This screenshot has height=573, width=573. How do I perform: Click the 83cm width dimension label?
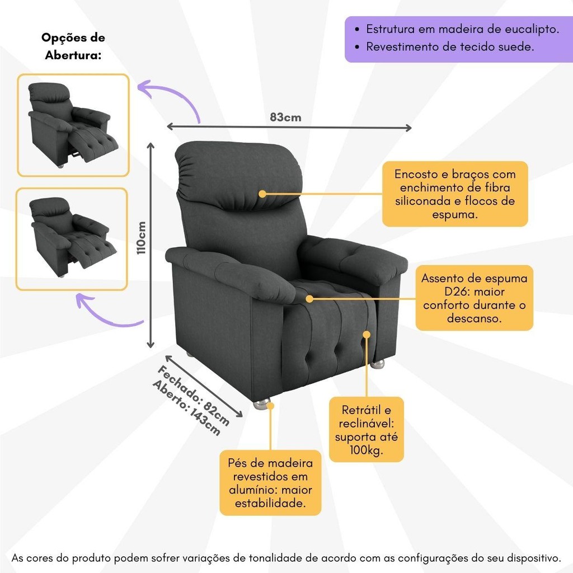285,118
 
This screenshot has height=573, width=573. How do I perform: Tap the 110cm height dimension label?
141,238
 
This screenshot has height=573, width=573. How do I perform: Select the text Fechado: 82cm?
194,396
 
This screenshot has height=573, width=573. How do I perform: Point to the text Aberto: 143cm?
186,407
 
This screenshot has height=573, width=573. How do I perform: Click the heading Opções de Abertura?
73,46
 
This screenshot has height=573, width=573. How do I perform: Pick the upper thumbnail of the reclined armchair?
73,125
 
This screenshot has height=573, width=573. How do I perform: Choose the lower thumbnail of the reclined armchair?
72,239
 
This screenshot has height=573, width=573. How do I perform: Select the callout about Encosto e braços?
455,194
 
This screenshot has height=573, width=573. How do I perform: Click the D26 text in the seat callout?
454,292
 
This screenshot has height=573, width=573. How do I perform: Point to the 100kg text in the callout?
366,450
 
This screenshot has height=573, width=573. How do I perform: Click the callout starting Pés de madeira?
270,483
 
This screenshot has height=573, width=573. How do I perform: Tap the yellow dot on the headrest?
262,194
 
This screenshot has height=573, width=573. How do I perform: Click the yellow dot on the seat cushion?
309,299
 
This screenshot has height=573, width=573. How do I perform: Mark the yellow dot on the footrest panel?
367,335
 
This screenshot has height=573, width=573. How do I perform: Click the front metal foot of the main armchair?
262,404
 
